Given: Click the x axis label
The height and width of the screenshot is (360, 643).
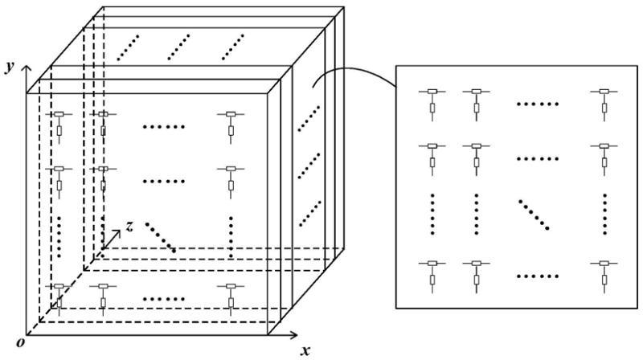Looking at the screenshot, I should (305, 350).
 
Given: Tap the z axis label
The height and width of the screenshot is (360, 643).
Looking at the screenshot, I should (129, 227).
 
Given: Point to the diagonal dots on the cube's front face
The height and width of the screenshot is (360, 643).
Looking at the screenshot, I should (161, 237).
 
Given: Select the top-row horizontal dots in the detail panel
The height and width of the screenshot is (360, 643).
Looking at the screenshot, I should (536, 104).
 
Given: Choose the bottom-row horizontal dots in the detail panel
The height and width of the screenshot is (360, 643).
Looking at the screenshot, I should (536, 276).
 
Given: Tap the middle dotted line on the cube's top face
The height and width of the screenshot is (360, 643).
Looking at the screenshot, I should (179, 47).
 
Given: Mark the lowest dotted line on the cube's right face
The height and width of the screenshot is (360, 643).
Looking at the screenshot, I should (309, 213).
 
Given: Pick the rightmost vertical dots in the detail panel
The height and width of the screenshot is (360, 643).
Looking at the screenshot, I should (604, 213).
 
